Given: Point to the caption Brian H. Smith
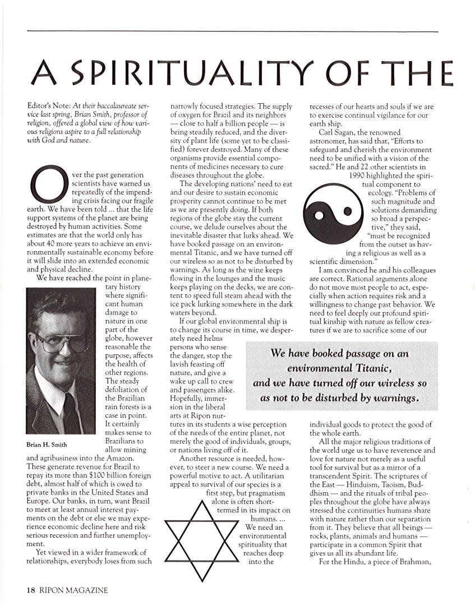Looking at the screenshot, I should tap(47, 445).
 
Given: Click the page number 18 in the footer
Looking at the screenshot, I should tap(31, 590).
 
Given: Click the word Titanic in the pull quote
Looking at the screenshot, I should tap(366, 368).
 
